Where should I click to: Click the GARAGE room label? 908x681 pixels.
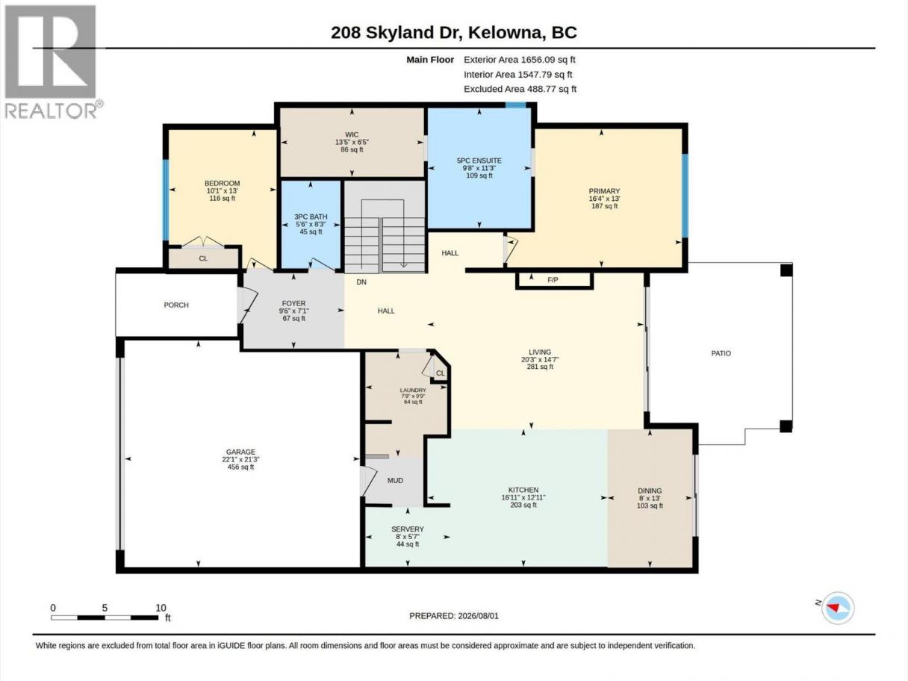coord(240,452)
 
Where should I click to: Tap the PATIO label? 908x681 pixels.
coord(721,353)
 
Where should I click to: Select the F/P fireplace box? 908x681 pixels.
coord(554,280)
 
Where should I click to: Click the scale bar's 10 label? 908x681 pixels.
coord(161,608)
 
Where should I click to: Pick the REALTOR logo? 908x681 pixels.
coord(52,62)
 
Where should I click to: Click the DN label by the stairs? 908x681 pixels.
coord(361,282)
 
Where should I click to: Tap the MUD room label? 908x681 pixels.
coord(395,480)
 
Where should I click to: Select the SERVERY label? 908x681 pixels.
coord(408,529)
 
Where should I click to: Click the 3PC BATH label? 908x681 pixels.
coord(311,217)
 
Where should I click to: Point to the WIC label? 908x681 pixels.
coord(352,134)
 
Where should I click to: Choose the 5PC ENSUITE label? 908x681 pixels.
coord(479,161)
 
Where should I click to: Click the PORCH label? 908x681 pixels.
coord(176,305)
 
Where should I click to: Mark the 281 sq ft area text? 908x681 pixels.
coord(540,367)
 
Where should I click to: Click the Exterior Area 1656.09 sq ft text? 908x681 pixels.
coord(520,60)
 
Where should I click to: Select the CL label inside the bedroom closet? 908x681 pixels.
coord(203,258)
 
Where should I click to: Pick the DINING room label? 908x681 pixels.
coord(650,491)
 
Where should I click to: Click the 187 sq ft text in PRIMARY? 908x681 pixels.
coord(604,205)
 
